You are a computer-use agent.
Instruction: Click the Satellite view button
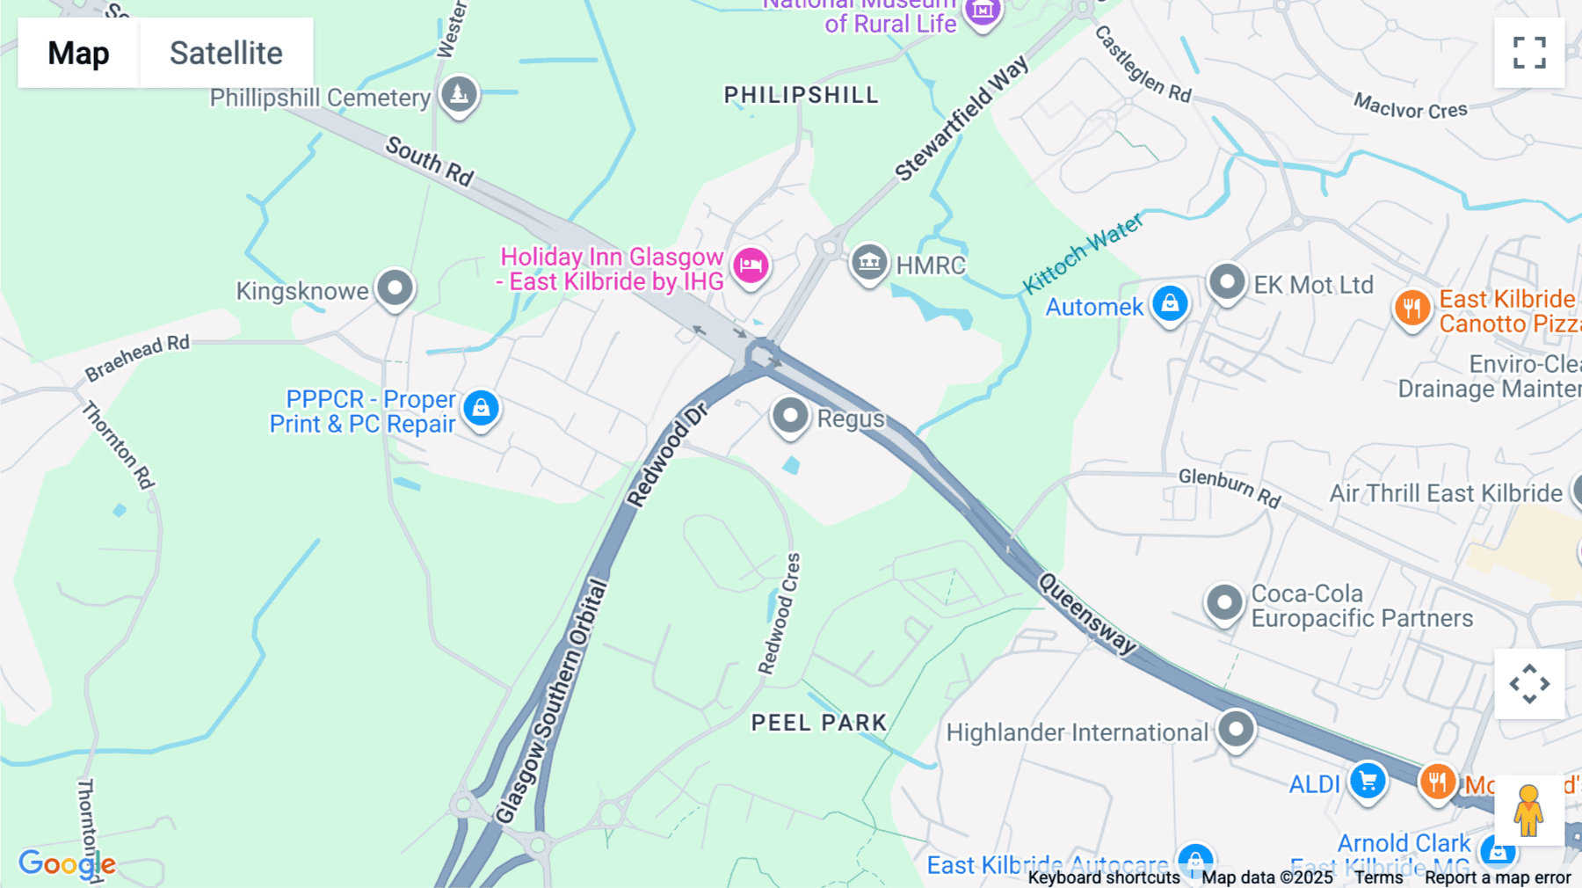coord(226,53)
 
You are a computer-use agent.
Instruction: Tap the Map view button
coord(78,53)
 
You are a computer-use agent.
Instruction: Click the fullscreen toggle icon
coord(1529,53)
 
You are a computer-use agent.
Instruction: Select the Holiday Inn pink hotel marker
coord(751,265)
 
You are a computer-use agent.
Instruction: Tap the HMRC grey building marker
coord(868,261)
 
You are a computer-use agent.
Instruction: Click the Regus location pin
coord(789,415)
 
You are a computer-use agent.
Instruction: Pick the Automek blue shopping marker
coord(1170,303)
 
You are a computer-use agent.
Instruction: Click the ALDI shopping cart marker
coord(1368,780)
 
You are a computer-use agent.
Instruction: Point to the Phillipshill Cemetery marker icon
coord(458,93)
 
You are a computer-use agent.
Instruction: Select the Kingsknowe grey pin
coord(395,288)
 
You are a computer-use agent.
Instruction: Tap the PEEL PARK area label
coord(818,723)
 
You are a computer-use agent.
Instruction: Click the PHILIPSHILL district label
coord(801,95)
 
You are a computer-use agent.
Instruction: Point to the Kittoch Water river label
coord(1083,253)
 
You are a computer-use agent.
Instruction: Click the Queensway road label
coord(1087,613)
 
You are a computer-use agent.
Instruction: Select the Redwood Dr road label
coord(667,455)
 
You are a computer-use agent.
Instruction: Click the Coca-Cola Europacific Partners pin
coord(1223,602)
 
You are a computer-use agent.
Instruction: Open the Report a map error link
coord(1498,877)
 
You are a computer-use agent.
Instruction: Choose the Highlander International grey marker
coord(1236,729)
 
